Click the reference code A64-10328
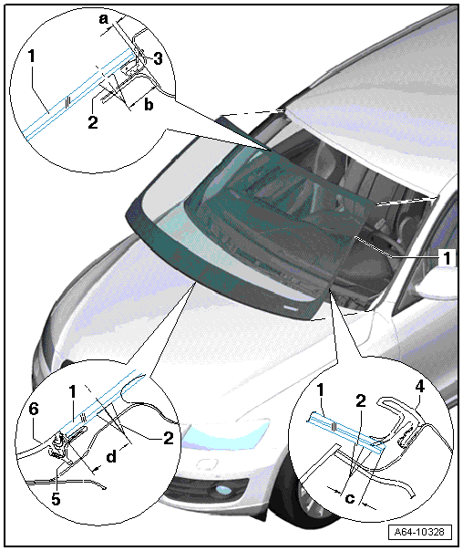419,532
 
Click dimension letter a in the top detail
103,19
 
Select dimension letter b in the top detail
149,104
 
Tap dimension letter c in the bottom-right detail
350,498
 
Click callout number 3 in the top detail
158,58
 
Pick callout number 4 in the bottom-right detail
420,386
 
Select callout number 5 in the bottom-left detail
56,499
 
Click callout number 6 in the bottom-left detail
34,409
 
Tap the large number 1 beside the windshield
447,258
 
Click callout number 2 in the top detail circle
93,122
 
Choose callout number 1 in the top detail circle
32,56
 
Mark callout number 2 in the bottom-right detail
361,401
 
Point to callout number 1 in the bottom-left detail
72,391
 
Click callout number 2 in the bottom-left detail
169,438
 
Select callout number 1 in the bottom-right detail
320,390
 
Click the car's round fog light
221,490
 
